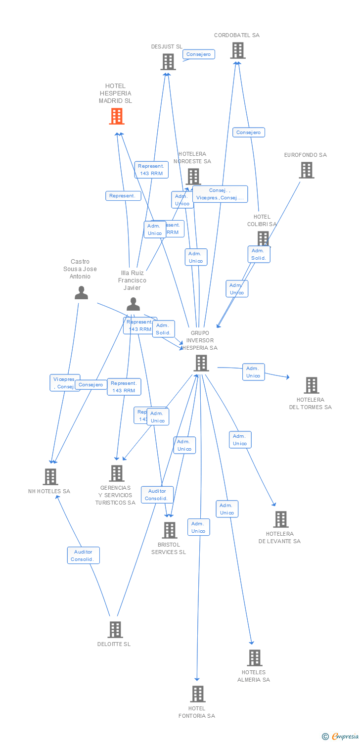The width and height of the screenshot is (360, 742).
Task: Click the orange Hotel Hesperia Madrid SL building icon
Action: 117,116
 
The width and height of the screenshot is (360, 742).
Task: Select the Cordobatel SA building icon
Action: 237,50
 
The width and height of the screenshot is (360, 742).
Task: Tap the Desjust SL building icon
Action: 168,62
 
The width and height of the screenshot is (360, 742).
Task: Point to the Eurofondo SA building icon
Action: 307,170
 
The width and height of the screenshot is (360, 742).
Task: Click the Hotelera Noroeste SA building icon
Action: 193,177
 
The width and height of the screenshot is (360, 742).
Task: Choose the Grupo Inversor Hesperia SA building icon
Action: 201,363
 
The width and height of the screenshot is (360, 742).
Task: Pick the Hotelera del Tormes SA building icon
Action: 311,385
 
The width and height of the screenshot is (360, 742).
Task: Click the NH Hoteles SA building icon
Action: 50,477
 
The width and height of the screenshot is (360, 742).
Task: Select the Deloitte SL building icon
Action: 115,630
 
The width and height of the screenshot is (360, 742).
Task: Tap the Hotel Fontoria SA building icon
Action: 197,694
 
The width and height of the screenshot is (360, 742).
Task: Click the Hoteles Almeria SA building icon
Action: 255,658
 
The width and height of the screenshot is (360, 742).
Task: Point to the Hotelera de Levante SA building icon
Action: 281,519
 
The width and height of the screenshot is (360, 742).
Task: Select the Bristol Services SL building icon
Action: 170,530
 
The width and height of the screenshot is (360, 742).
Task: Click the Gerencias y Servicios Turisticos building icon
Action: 117,473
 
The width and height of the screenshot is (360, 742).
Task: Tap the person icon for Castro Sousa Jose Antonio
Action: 81,293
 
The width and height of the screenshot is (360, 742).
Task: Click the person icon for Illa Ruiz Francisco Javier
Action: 133,304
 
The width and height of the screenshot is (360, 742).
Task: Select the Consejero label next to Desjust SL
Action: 199,54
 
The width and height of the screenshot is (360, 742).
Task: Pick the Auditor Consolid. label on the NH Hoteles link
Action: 84,556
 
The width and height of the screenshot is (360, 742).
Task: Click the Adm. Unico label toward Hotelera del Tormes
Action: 253,372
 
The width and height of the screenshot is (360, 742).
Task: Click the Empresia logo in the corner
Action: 341,737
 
